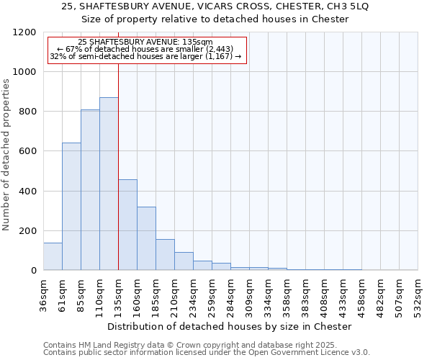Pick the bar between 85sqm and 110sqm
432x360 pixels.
click(x=90, y=190)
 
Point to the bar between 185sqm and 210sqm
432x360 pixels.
click(x=165, y=255)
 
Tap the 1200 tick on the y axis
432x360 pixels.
click(x=26, y=32)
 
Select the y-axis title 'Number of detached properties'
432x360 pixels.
click(x=6, y=155)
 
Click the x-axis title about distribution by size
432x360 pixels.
click(x=230, y=326)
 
